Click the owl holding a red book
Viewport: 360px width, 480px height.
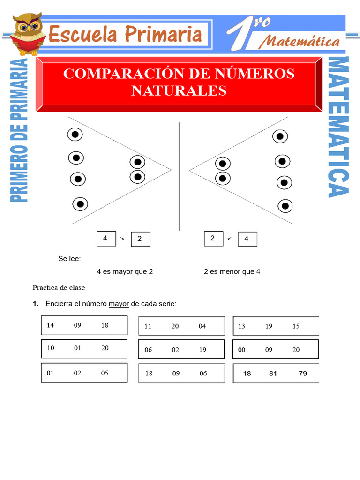pyautogui.click(x=27, y=34)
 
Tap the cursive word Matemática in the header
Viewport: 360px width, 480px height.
pyautogui.click(x=300, y=42)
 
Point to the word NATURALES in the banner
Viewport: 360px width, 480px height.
pyautogui.click(x=179, y=90)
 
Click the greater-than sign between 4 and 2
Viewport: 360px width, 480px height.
pyautogui.click(x=122, y=239)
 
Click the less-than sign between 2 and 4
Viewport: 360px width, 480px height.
pyautogui.click(x=229, y=239)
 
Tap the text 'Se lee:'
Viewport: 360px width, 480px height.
pyautogui.click(x=69, y=258)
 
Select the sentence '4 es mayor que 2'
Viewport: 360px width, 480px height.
pyautogui.click(x=125, y=271)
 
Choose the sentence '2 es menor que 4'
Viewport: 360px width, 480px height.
pyautogui.click(x=232, y=271)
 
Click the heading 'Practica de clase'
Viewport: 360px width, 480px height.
pyautogui.click(x=59, y=287)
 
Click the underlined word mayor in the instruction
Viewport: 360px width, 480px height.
pyautogui.click(x=119, y=304)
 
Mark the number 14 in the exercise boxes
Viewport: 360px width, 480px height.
pyautogui.click(x=51, y=325)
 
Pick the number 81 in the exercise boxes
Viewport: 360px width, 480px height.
pyautogui.click(x=273, y=374)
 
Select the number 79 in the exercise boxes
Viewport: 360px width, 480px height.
pyautogui.click(x=303, y=374)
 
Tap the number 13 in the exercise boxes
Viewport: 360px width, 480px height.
pyautogui.click(x=241, y=326)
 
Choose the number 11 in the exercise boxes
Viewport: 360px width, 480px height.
pyautogui.click(x=148, y=326)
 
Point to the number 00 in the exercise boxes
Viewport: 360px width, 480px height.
pyautogui.click(x=242, y=350)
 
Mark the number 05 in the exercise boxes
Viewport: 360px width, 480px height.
pyautogui.click(x=105, y=373)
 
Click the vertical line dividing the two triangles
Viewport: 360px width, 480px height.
pyautogui.click(x=180, y=176)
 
